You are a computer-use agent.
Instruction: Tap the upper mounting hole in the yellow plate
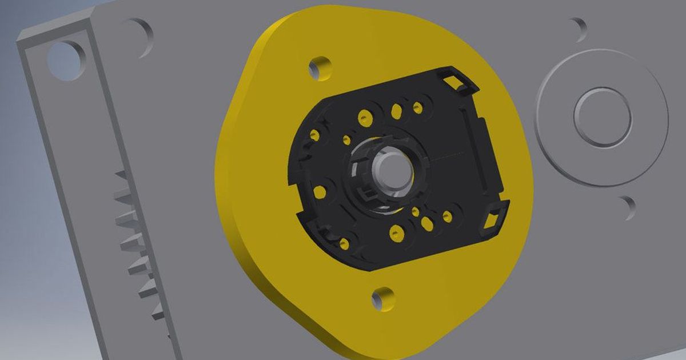click(x=320, y=68)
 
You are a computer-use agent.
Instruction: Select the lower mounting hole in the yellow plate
click(x=383, y=298)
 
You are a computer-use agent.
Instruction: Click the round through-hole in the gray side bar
click(x=64, y=59)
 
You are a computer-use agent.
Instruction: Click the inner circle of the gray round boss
click(x=603, y=117)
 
